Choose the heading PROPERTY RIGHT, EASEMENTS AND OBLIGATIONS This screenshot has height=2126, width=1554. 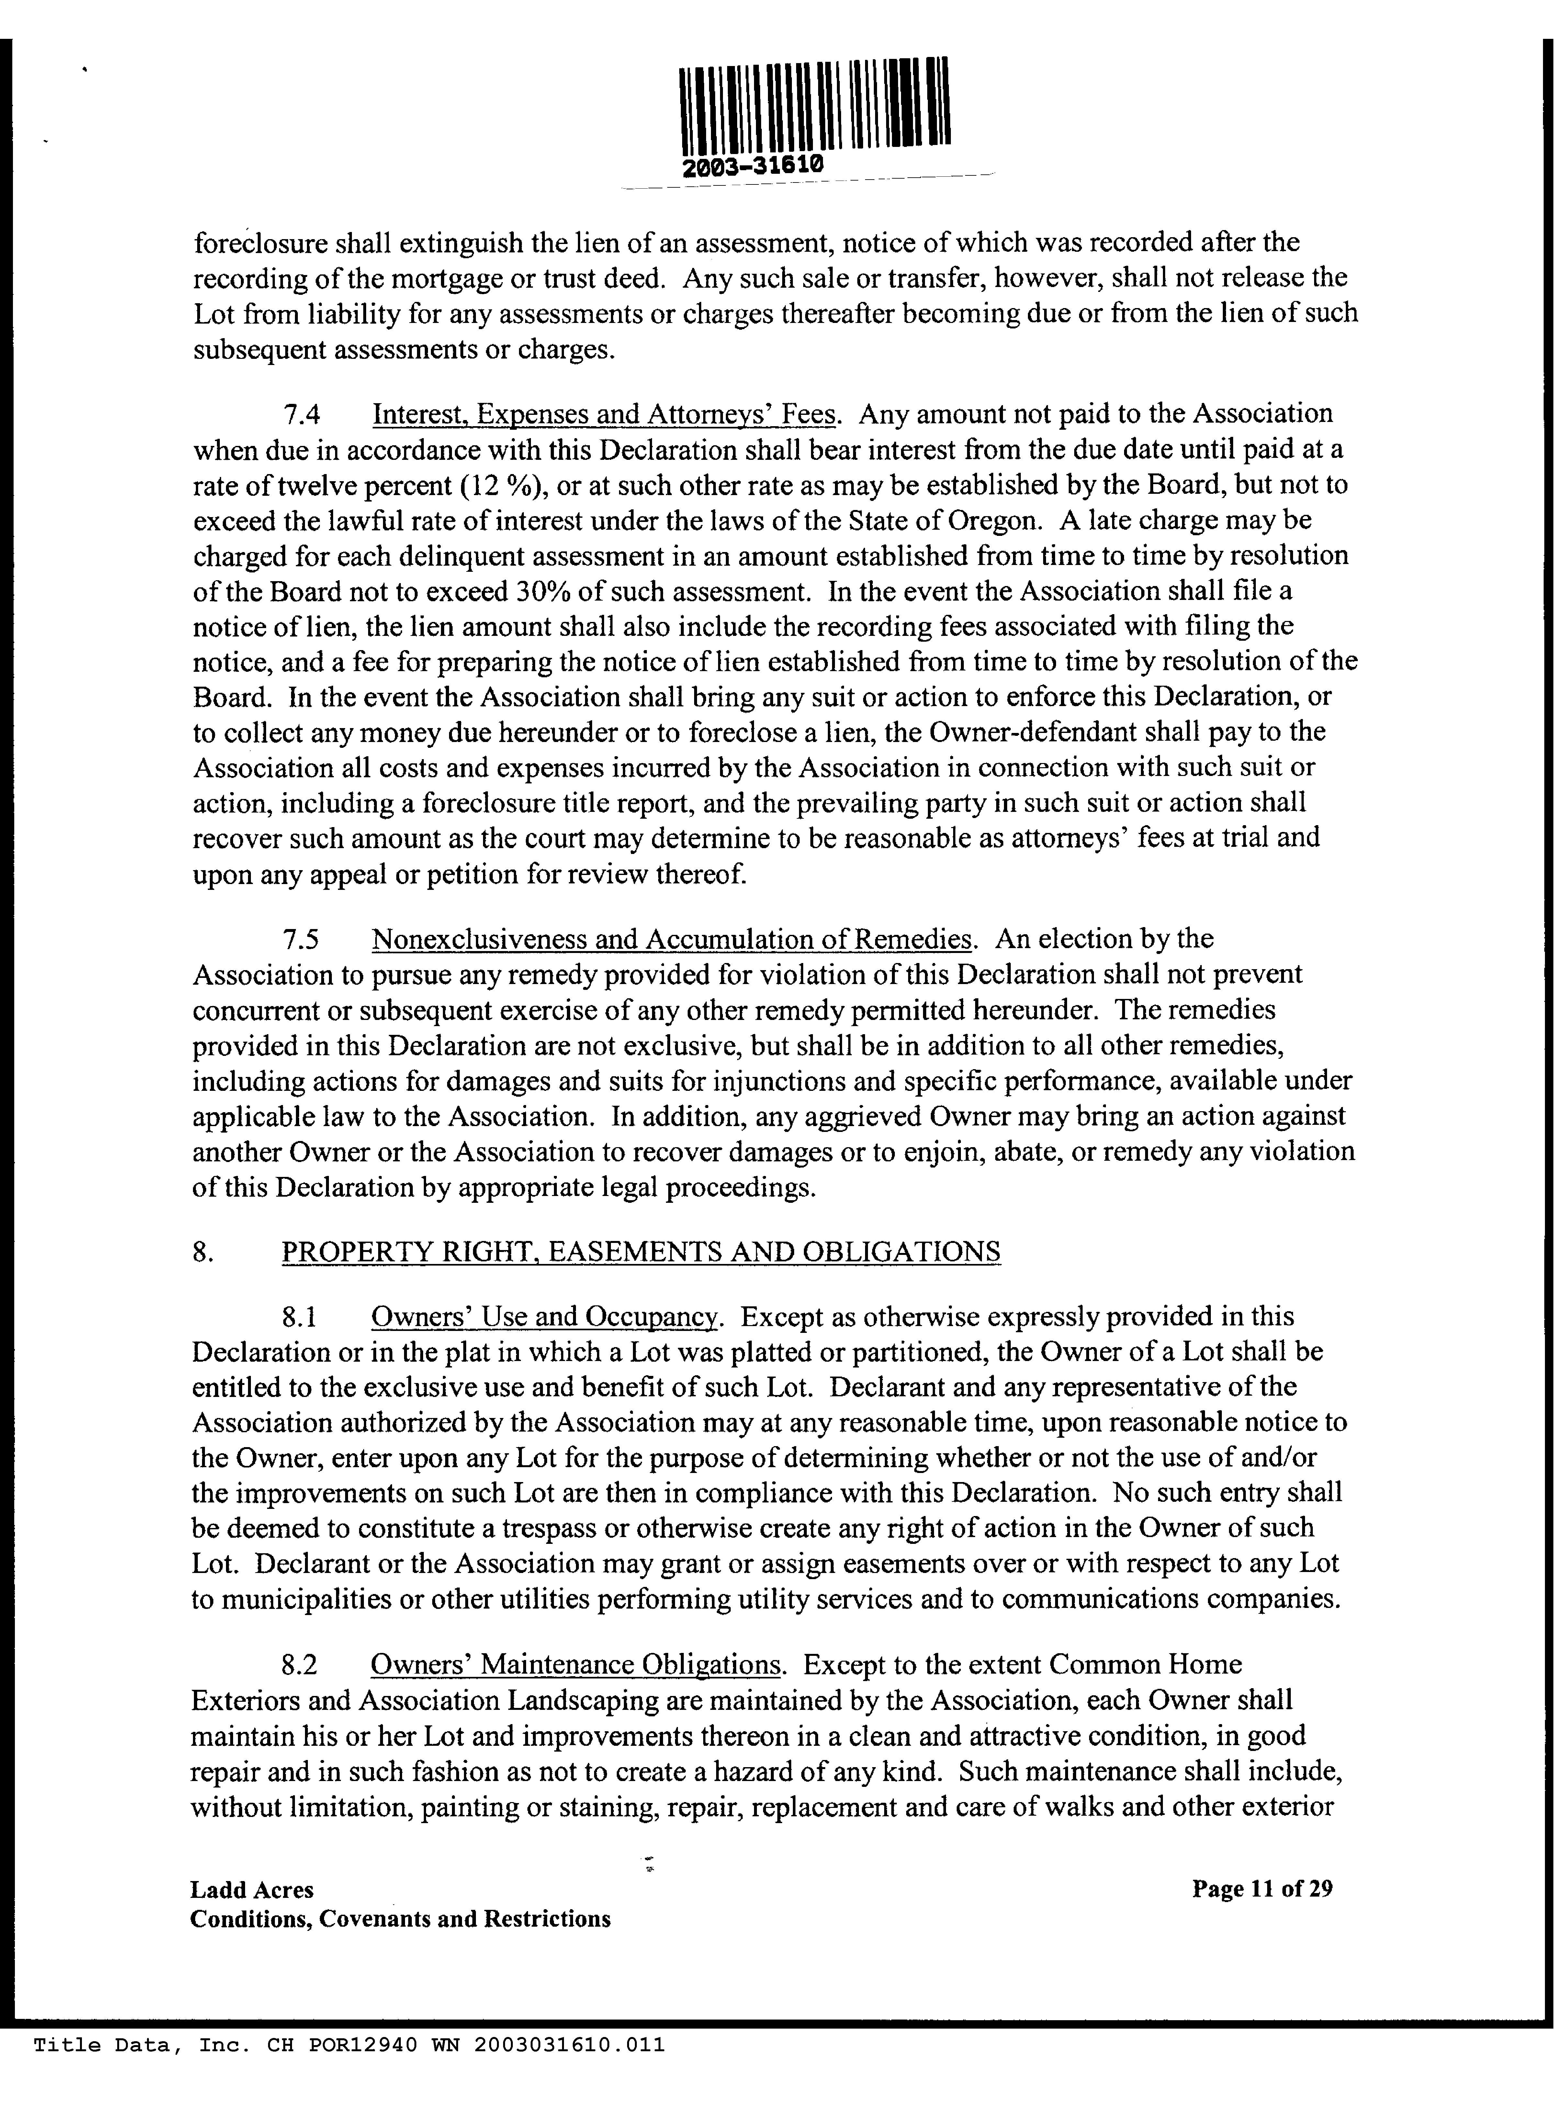[641, 1252]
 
